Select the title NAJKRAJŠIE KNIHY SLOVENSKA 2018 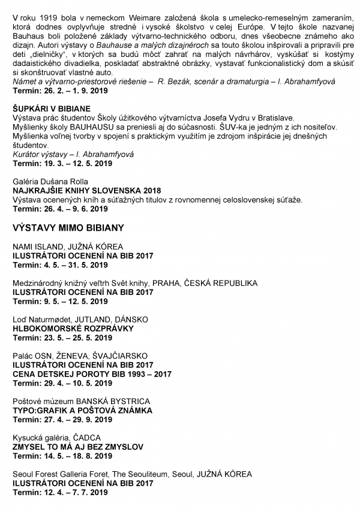(83, 190)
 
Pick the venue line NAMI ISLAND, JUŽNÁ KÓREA (68, 246)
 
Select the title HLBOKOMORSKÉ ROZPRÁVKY (73, 329)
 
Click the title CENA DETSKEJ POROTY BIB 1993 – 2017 (92, 374)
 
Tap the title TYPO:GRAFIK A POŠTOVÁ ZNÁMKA (82, 411)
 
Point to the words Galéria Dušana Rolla (50, 181)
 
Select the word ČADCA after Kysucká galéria (87, 438)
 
